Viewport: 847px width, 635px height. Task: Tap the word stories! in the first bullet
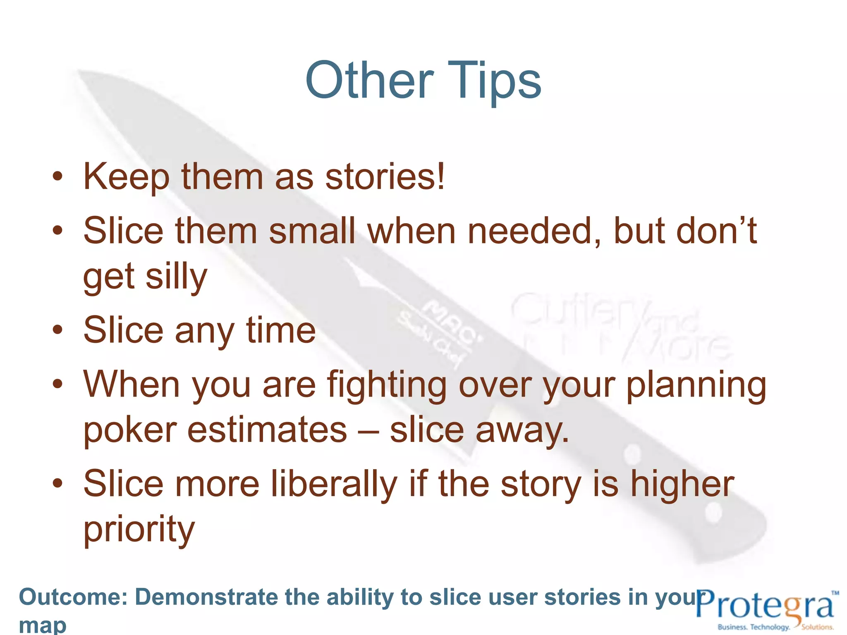(x=385, y=177)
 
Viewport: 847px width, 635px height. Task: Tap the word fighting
(x=387, y=385)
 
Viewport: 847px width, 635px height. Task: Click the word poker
(x=130, y=430)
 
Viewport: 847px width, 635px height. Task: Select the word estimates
(x=267, y=430)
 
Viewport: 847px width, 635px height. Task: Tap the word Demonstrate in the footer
(x=206, y=597)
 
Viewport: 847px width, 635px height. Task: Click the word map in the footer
(x=43, y=625)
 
